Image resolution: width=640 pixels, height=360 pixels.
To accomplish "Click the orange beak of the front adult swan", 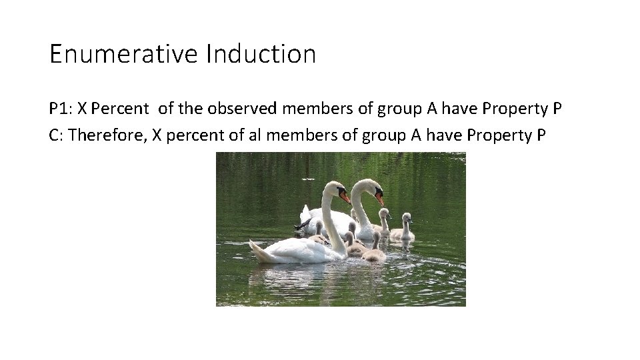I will click(345, 197).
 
